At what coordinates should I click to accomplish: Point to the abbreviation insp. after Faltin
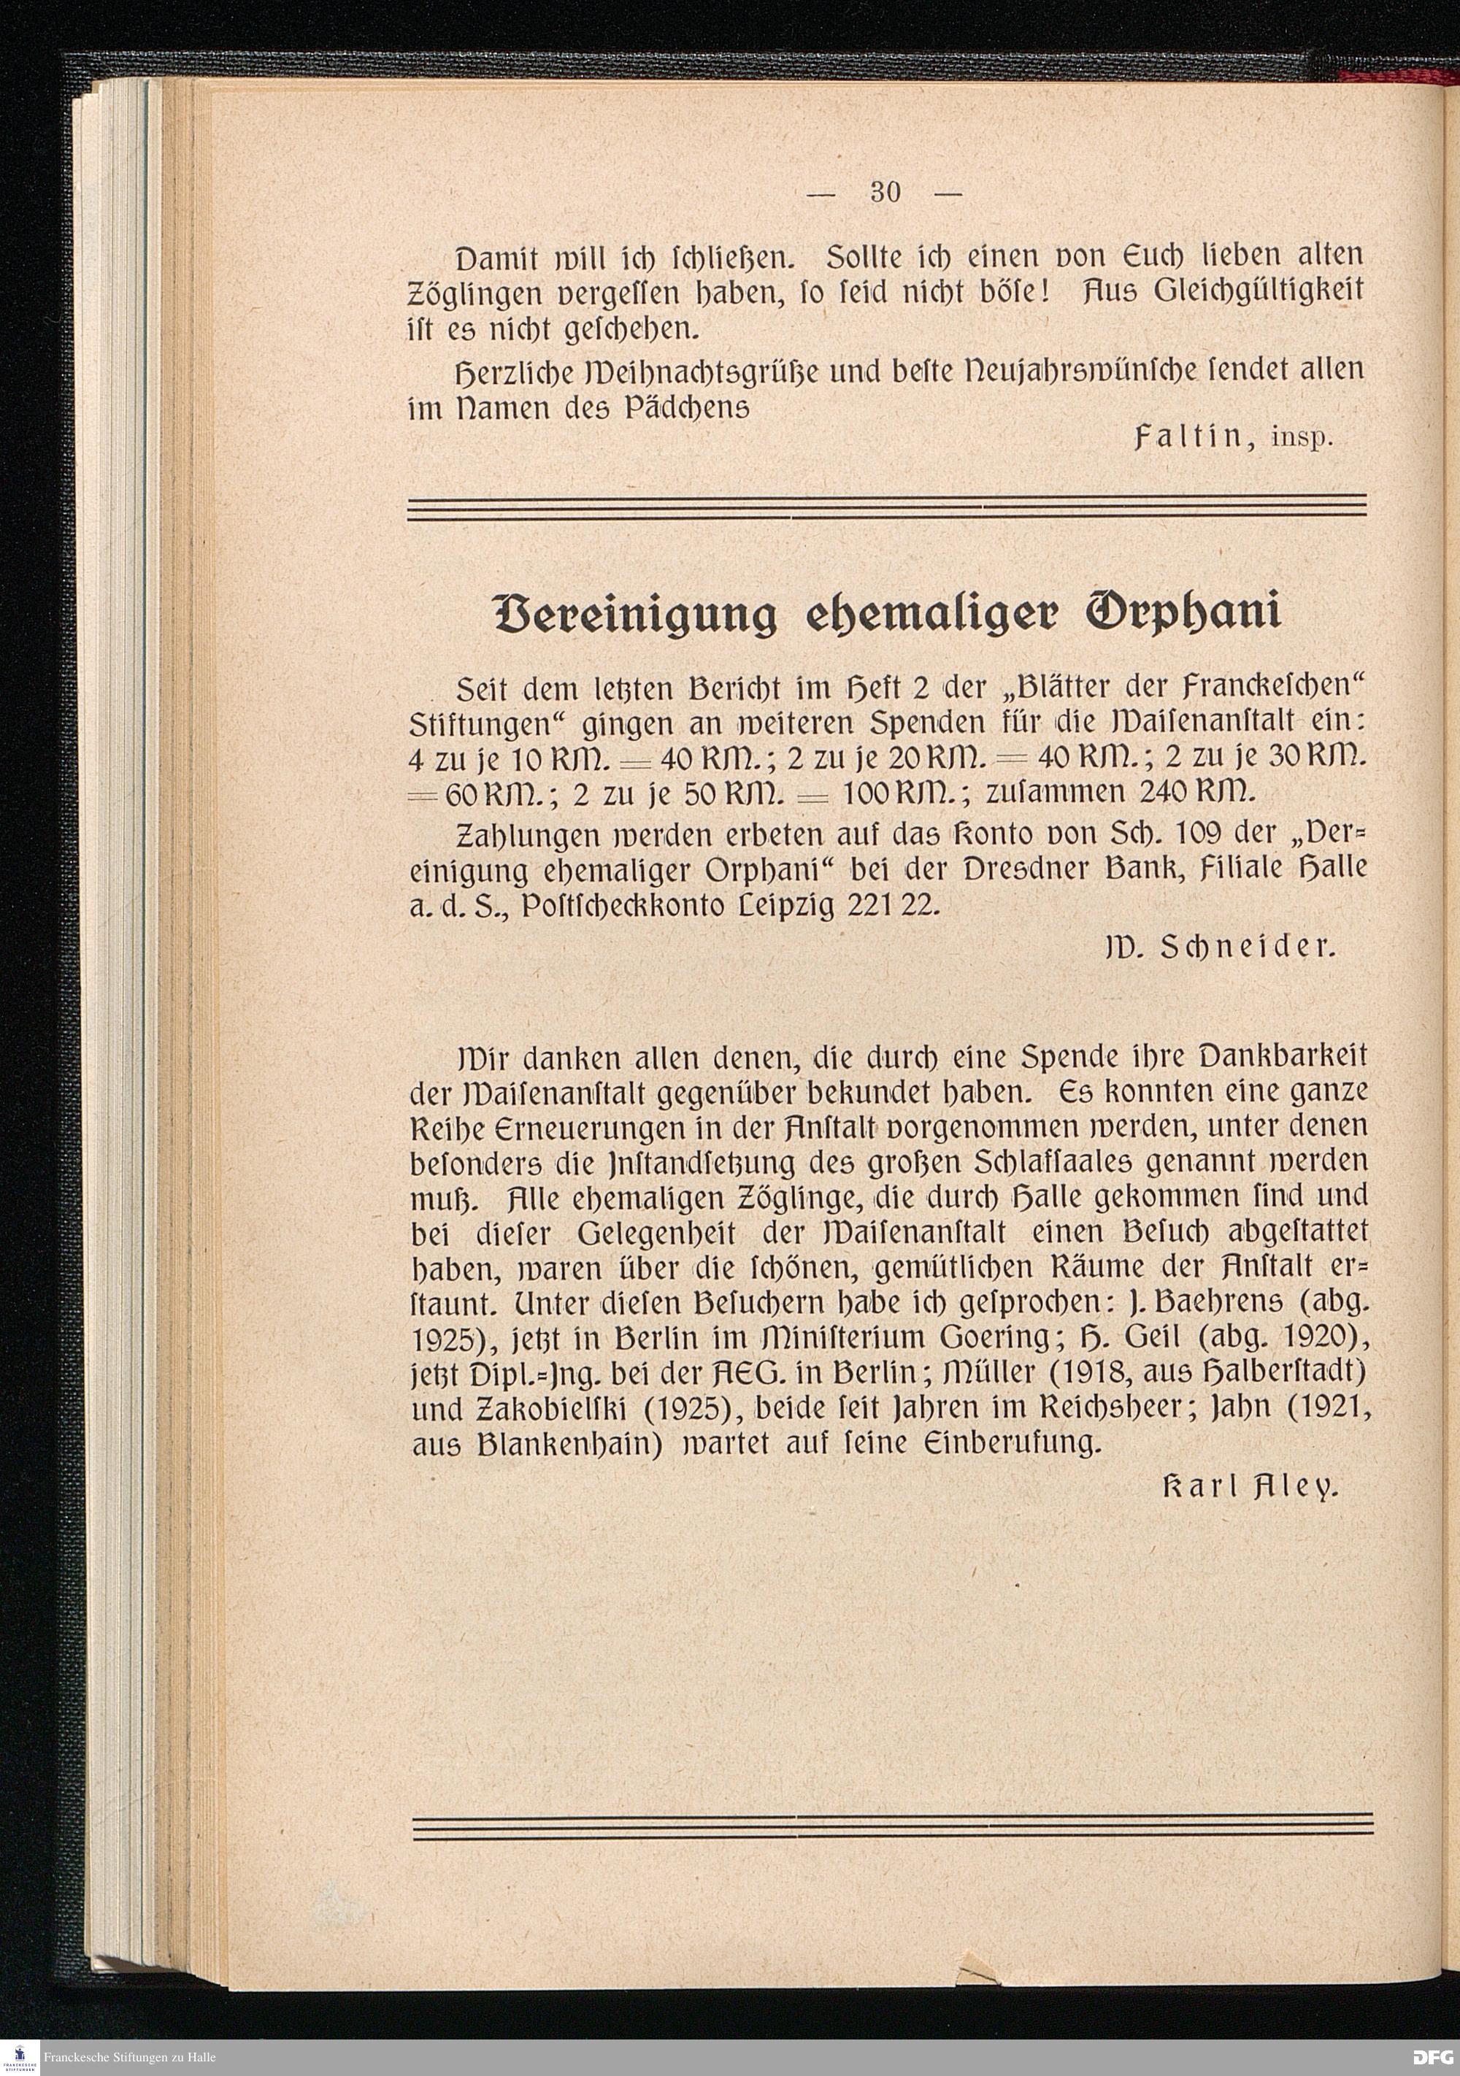1302,441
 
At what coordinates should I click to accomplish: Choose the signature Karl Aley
1248,1485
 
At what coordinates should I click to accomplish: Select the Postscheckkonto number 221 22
895,907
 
